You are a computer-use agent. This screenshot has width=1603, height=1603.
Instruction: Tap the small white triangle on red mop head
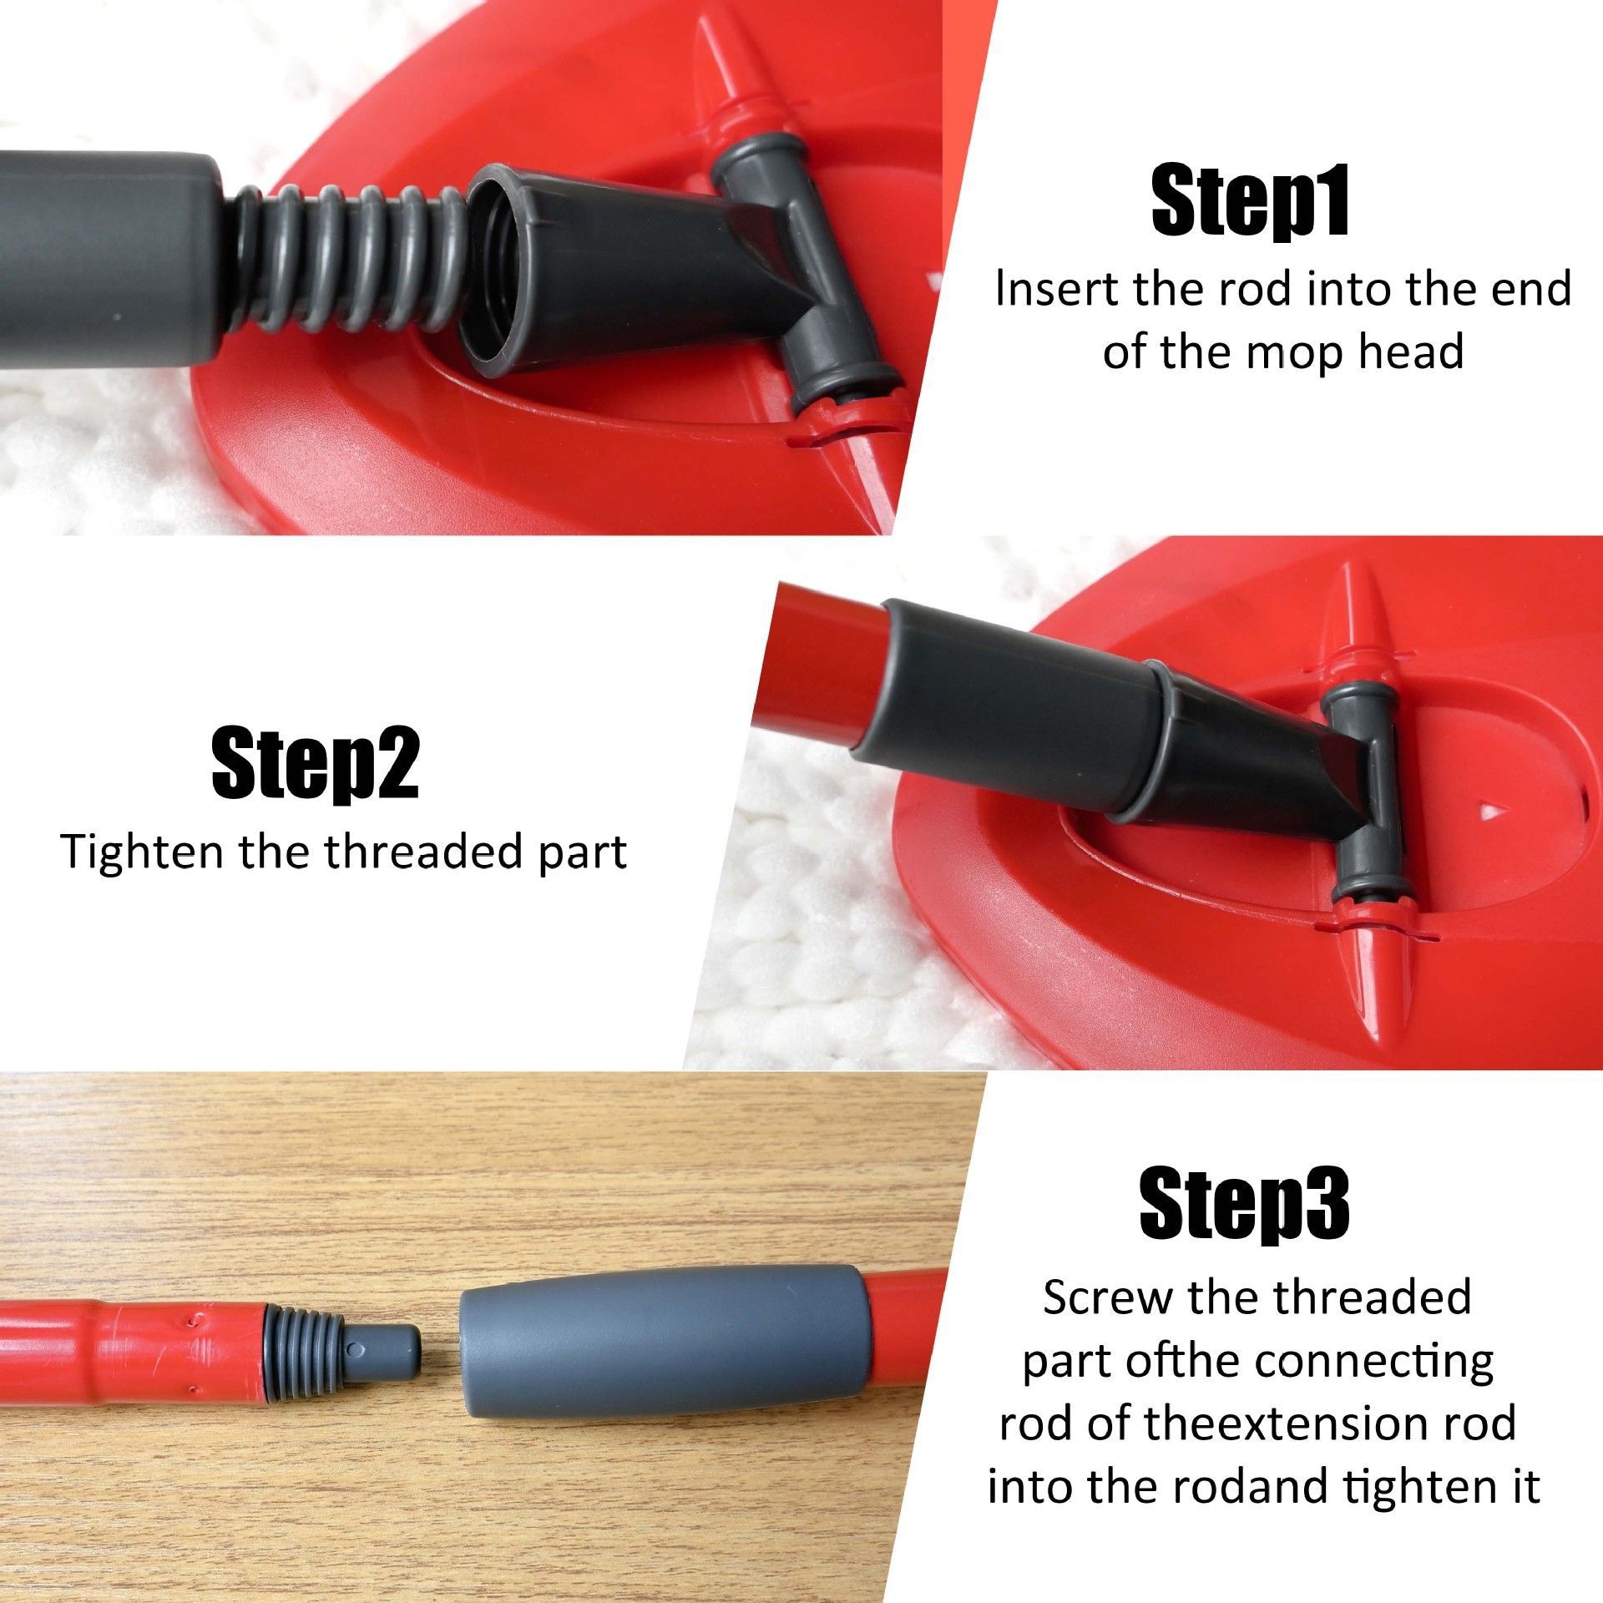pos(1484,811)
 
